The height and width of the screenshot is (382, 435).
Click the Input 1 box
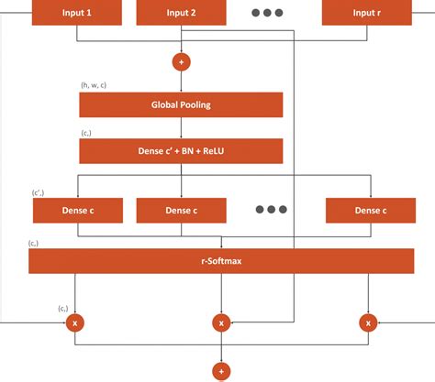[x=77, y=12]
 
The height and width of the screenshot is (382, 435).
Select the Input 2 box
[x=181, y=12]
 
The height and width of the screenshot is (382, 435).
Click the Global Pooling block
[x=181, y=104]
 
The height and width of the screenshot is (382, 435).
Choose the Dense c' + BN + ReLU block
[x=181, y=149]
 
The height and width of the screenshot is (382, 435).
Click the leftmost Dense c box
[x=77, y=210]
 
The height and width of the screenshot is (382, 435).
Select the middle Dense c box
[x=181, y=210]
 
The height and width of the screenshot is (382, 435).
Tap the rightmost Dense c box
[x=369, y=210]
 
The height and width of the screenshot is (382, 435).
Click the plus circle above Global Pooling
[x=181, y=62]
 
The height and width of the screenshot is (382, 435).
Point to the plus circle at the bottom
[x=220, y=370]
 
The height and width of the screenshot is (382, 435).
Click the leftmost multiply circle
[x=77, y=322]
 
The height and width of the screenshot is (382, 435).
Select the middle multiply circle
[x=220, y=322]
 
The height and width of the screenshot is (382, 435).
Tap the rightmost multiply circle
[x=369, y=322]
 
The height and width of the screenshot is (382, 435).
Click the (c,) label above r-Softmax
[x=34, y=243]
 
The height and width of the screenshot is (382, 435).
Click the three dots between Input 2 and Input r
[x=267, y=12]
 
